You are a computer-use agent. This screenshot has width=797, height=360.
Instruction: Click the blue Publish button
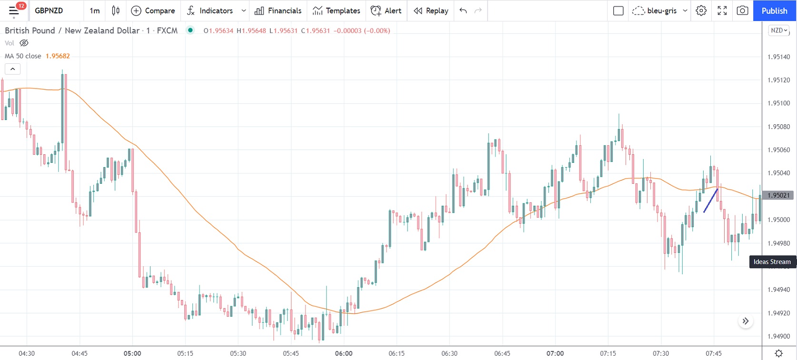774,10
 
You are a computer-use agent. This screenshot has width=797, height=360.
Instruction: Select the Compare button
153,10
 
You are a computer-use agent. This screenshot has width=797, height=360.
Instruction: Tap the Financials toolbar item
278,10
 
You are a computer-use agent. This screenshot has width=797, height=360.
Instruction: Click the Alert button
386,10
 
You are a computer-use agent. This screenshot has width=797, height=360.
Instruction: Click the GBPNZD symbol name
49,10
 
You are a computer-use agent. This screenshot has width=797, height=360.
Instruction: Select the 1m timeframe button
95,10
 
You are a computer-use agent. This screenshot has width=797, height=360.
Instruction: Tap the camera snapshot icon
742,10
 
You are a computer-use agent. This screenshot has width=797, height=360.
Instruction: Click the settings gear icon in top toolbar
701,10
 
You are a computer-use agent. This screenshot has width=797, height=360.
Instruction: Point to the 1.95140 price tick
778,57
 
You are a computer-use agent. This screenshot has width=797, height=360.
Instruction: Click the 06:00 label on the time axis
344,353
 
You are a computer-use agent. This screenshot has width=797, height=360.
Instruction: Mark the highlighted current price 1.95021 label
778,195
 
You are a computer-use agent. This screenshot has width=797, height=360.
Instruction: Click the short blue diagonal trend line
710,200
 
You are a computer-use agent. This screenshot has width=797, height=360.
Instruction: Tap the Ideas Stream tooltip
772,261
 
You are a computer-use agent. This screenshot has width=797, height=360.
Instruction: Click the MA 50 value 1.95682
58,56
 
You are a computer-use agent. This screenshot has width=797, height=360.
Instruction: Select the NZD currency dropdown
778,30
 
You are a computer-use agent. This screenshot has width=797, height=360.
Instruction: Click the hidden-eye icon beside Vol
24,43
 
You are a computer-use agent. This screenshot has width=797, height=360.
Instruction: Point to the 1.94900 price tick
778,336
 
